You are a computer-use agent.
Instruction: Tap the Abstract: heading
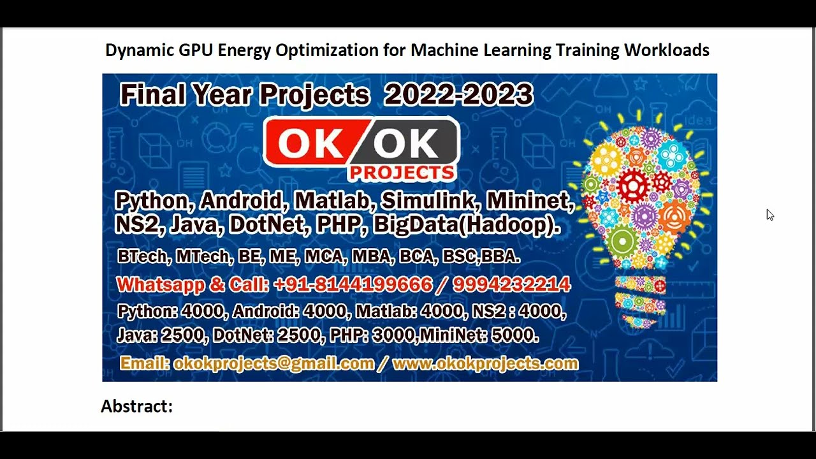point(137,406)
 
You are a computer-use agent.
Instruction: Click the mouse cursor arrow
point(769,215)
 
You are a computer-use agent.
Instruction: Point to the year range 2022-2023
point(458,95)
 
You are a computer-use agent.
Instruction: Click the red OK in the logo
point(310,144)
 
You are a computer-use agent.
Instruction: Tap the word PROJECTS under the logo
point(402,173)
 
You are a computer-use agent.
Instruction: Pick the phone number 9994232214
point(511,284)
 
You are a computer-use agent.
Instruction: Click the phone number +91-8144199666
point(353,284)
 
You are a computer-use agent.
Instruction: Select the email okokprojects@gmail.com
point(273,363)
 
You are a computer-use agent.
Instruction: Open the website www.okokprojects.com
point(485,363)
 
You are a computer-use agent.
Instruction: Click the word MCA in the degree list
point(319,256)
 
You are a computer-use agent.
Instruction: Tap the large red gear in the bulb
point(633,186)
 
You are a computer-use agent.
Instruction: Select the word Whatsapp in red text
point(160,284)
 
